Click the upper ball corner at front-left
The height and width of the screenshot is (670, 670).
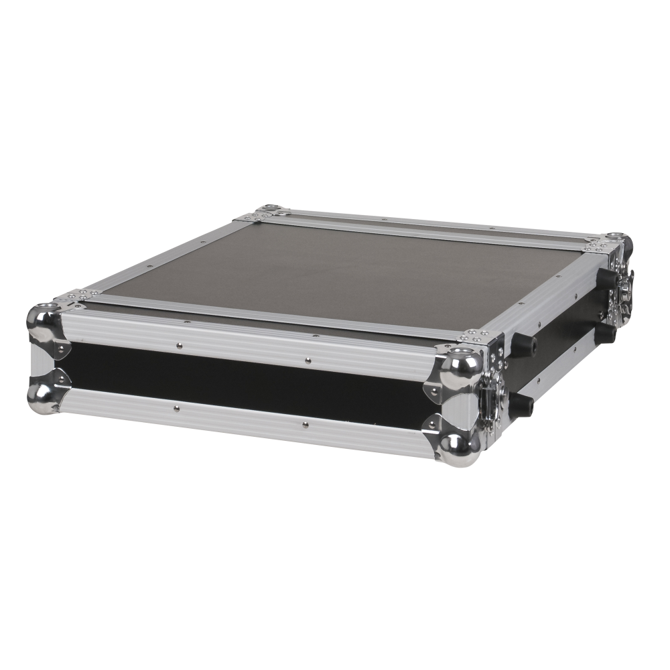[43, 320]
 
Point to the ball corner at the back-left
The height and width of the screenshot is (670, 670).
[271, 212]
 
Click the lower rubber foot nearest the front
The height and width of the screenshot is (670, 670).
[522, 404]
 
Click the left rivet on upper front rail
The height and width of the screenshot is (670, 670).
[180, 346]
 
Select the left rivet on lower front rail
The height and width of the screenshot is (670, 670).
[176, 407]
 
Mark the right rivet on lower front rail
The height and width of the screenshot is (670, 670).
[305, 424]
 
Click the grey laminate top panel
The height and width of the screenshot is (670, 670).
[348, 268]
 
